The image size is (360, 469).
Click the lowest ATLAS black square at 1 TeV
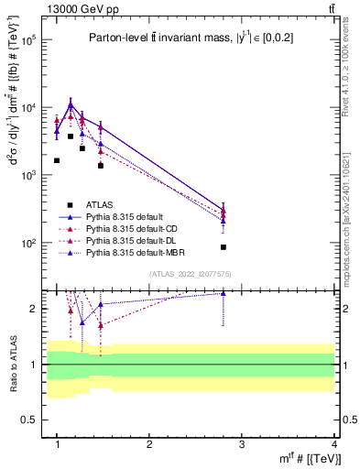point(57,160)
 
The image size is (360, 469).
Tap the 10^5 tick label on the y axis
point(27,41)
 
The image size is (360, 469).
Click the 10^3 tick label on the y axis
point(27,176)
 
